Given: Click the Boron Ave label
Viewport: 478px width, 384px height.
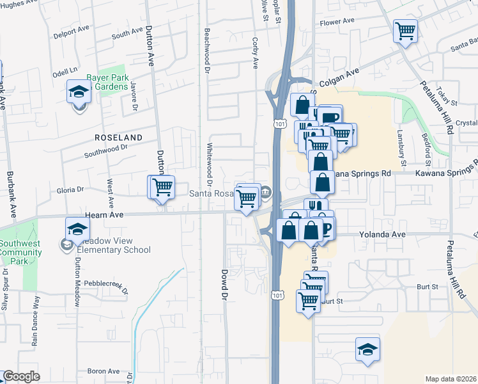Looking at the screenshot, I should click(x=104, y=371).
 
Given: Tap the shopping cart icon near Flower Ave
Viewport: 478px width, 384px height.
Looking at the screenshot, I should click(x=405, y=30).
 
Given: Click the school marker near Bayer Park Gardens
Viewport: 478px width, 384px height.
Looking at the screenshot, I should click(x=79, y=92).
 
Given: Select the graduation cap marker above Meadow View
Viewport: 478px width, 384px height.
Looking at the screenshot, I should click(x=78, y=229).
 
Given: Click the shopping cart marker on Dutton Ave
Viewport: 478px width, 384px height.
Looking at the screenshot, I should click(x=162, y=187).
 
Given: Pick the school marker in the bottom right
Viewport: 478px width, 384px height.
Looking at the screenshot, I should click(x=367, y=349).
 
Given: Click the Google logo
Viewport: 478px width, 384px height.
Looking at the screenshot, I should click(x=21, y=376).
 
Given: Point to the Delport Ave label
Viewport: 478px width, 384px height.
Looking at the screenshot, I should click(x=72, y=30).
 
